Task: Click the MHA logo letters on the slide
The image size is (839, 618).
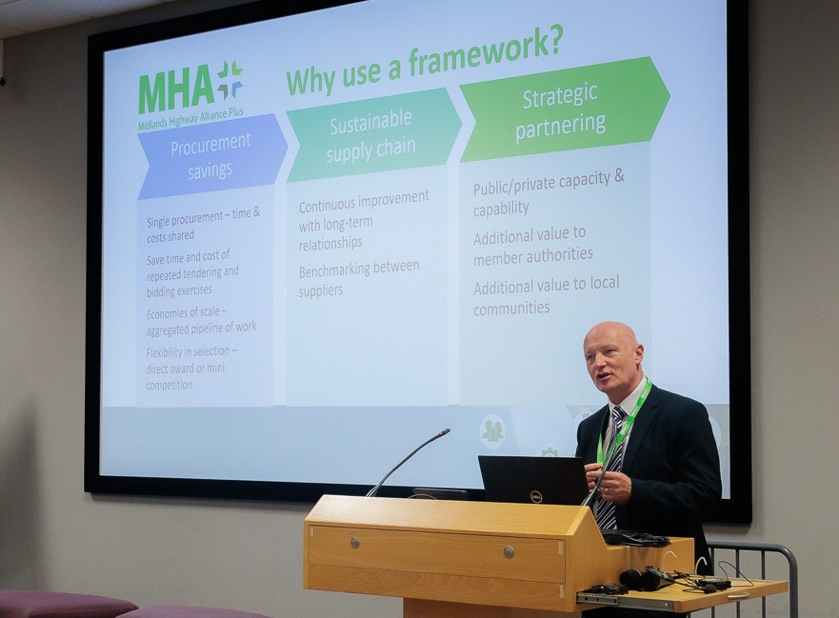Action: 176,91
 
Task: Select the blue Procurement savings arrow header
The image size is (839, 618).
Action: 212,156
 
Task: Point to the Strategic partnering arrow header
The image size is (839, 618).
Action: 564,110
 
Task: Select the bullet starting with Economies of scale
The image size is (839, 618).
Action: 201,321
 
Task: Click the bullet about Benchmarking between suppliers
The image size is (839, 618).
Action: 358,278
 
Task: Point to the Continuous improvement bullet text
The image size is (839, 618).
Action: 364,220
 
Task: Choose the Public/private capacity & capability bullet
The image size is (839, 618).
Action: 549,193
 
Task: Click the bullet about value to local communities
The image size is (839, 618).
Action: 546,295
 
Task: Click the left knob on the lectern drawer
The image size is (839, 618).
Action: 354,543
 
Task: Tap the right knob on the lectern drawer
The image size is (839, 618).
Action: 509,550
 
